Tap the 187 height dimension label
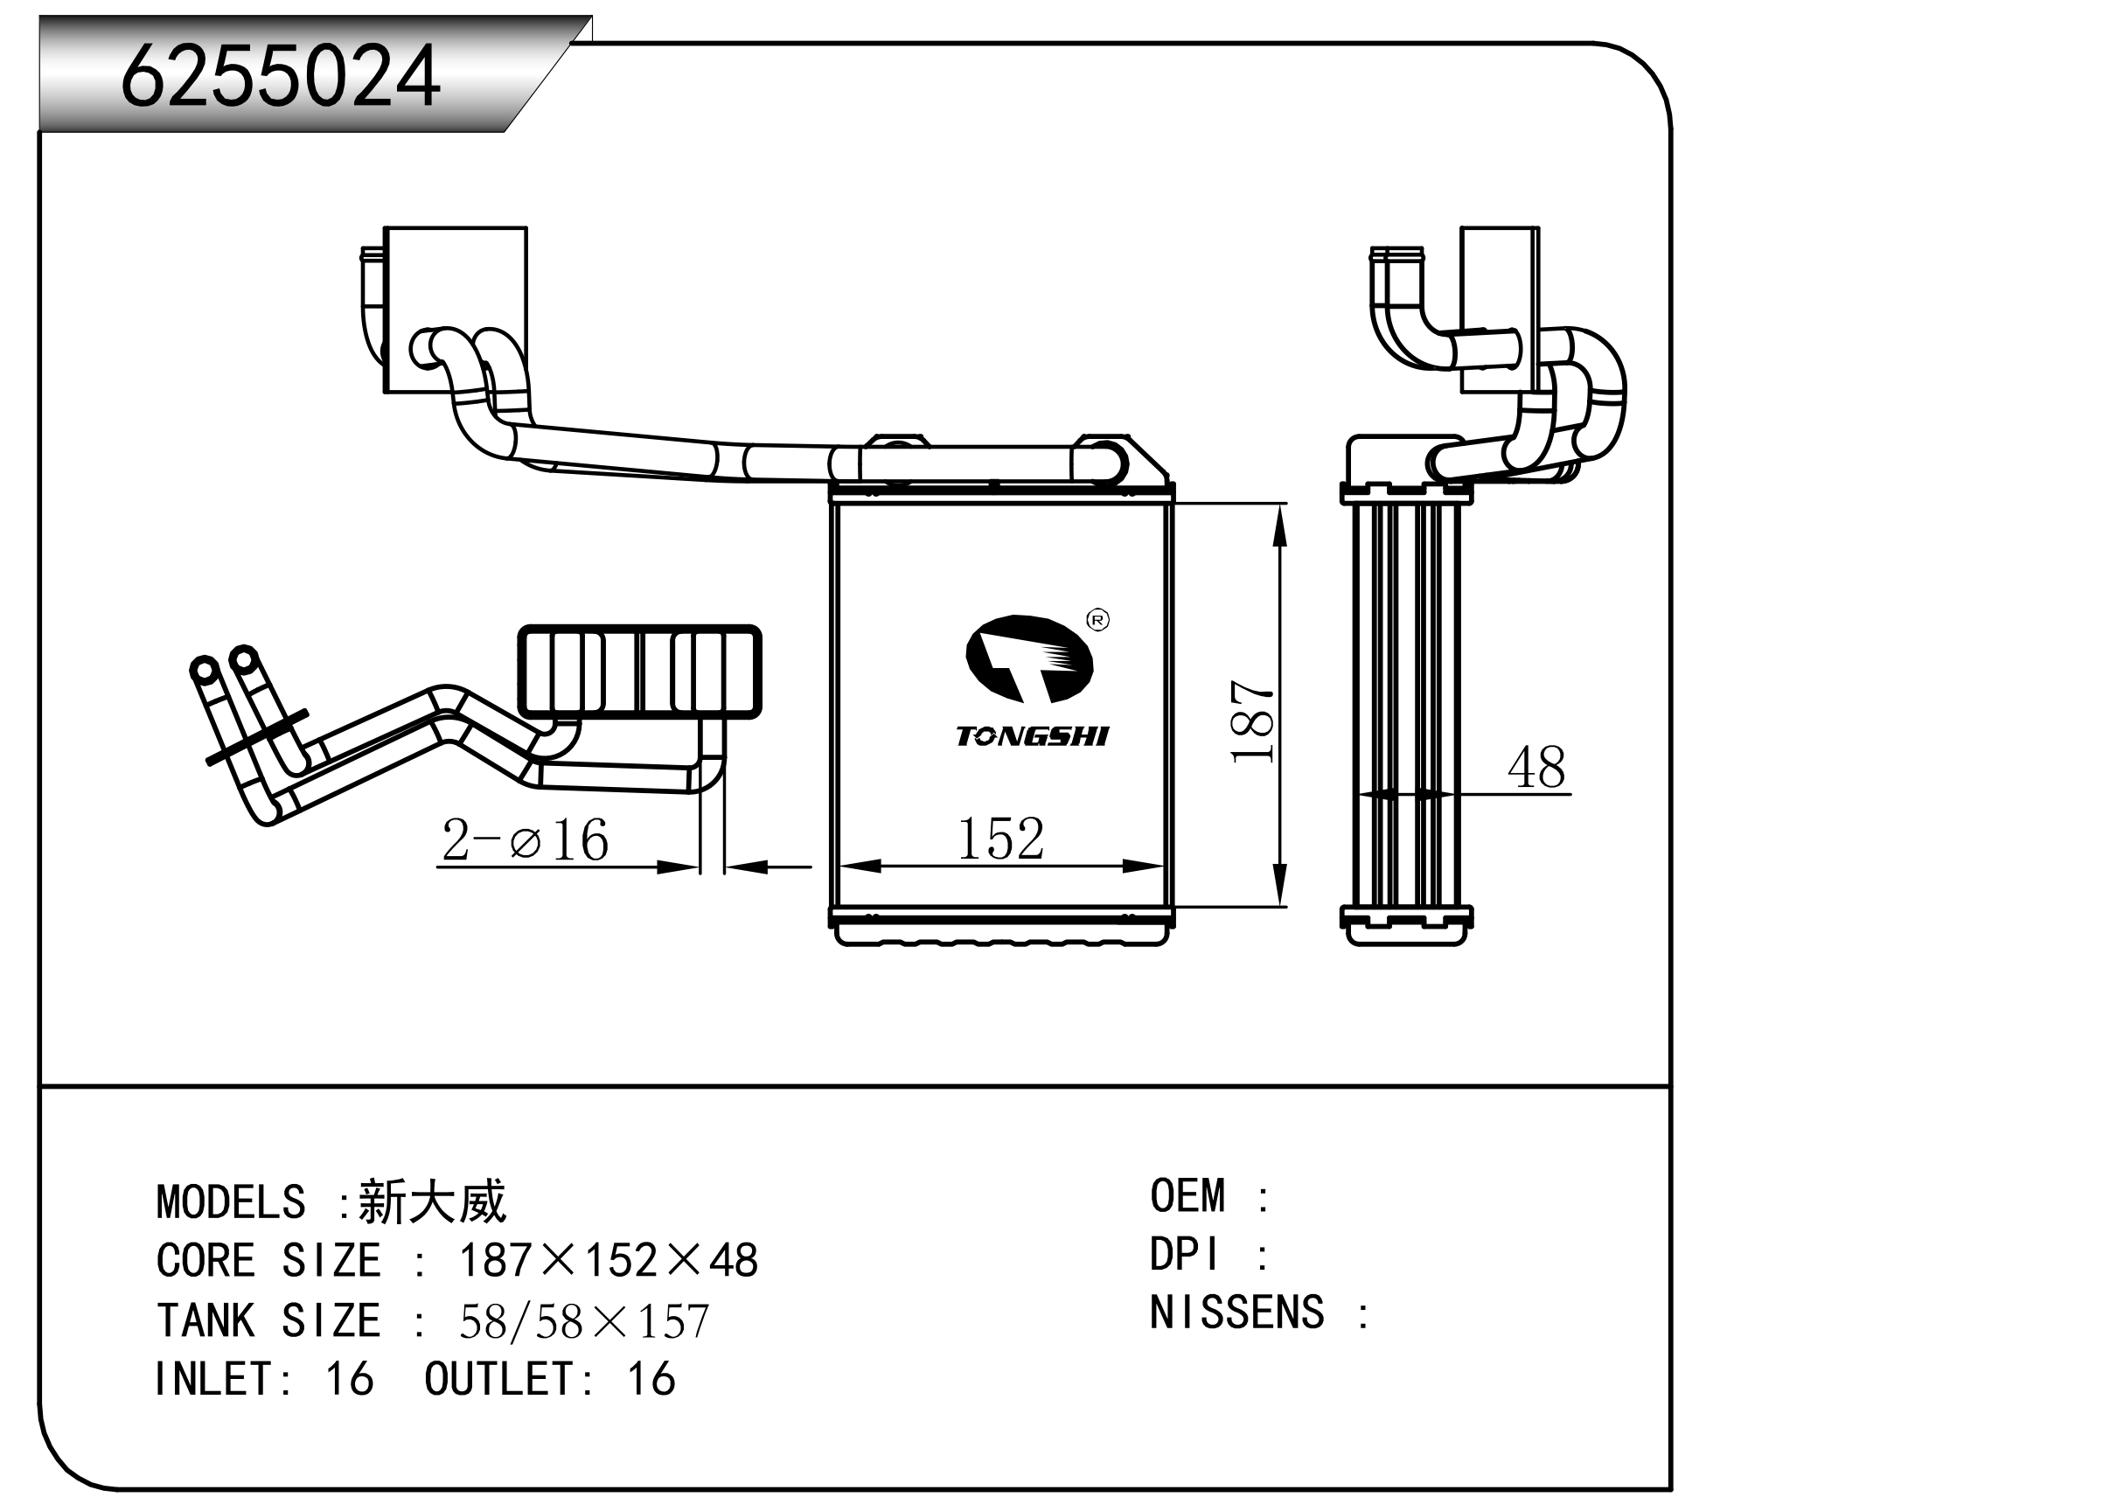click(x=1252, y=721)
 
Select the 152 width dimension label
click(x=1000, y=839)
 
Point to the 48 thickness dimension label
click(x=1536, y=769)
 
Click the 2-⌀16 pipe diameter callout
click(x=525, y=840)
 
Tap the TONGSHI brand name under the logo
click(x=1032, y=737)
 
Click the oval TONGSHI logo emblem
click(x=1028, y=658)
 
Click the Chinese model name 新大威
click(x=433, y=1202)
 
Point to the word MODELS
click(x=231, y=1203)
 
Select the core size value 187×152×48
click(x=609, y=1262)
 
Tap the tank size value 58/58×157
click(x=584, y=1321)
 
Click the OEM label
click(x=1187, y=1196)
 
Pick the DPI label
click(x=1183, y=1255)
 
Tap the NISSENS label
click(x=1236, y=1313)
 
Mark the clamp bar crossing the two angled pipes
click(x=257, y=739)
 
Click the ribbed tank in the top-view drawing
click(x=639, y=672)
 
